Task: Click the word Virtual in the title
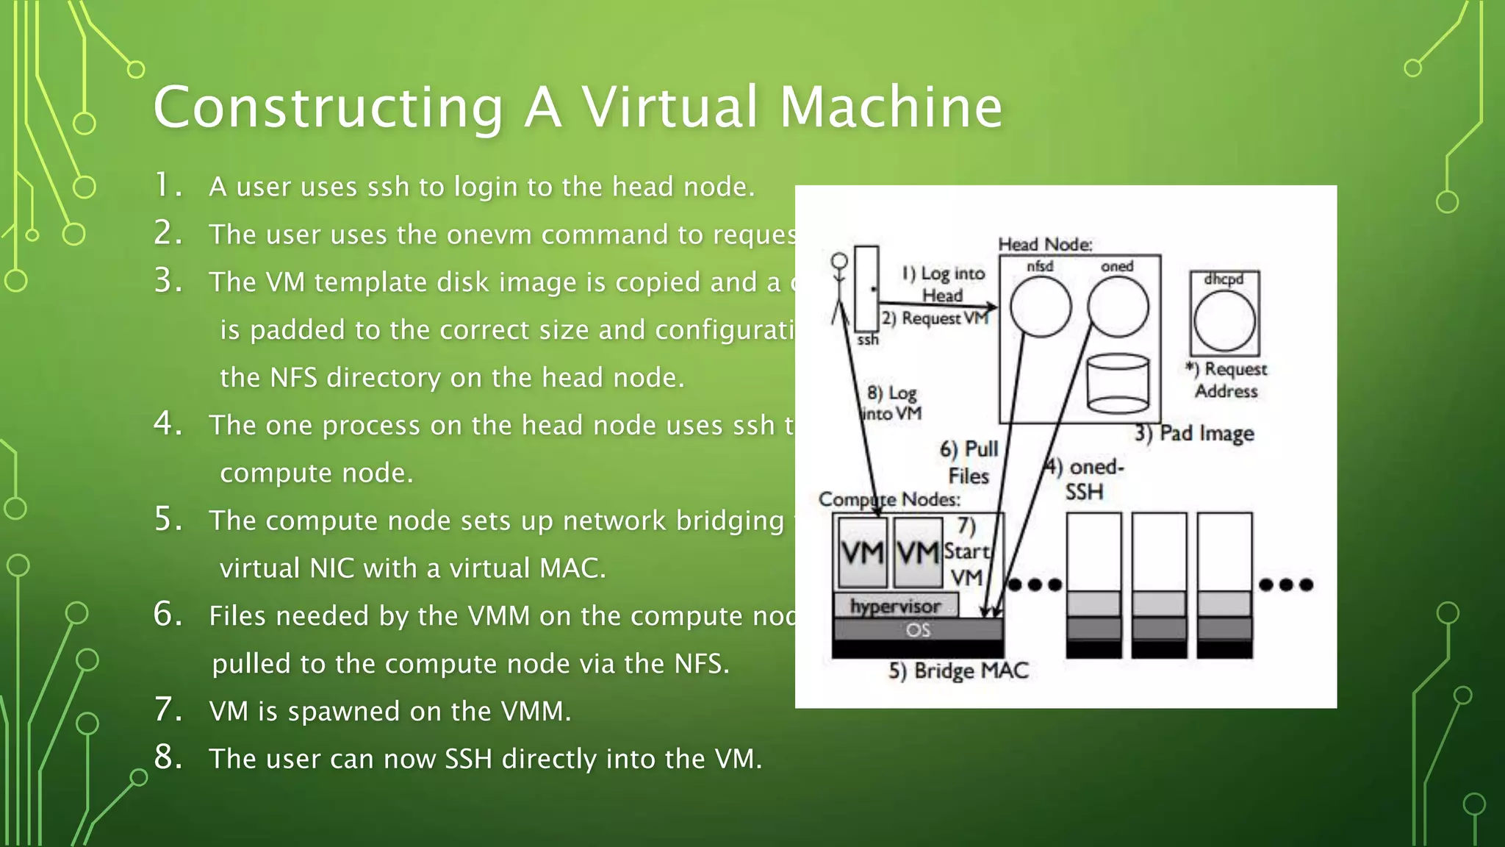pyautogui.click(x=670, y=107)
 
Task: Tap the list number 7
pyautogui.click(x=168, y=710)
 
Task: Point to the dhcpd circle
pyautogui.click(x=1224, y=321)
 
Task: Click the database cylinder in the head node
pyautogui.click(x=1118, y=384)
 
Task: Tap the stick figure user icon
pyautogui.click(x=839, y=287)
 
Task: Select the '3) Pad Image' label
pyautogui.click(x=1194, y=433)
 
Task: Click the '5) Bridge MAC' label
pyautogui.click(x=958, y=671)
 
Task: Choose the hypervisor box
pyautogui.click(x=895, y=606)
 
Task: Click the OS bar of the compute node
pyautogui.click(x=918, y=630)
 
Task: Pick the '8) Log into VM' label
pyautogui.click(x=892, y=403)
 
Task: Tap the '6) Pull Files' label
pyautogui.click(x=969, y=462)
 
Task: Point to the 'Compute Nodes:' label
pyautogui.click(x=889, y=499)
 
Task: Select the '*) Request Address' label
pyautogui.click(x=1226, y=379)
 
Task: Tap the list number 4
pyautogui.click(x=168, y=423)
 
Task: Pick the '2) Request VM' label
pyautogui.click(x=935, y=318)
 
